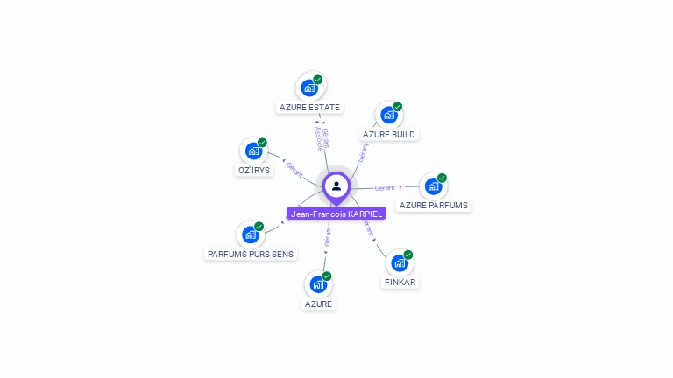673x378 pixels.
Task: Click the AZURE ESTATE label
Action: coord(309,108)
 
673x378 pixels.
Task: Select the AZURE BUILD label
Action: coord(389,134)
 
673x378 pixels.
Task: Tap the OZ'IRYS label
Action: coord(254,170)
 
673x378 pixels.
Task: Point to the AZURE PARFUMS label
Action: coord(433,206)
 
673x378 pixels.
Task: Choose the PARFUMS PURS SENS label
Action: coord(251,254)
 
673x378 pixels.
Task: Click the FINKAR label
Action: coord(400,283)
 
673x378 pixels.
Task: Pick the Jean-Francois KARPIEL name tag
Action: coord(336,213)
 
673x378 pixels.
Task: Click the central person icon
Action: coord(336,185)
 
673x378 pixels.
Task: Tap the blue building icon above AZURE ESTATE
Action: coord(308,87)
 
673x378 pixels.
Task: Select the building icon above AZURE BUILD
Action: coord(388,115)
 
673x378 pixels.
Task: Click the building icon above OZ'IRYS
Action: coord(253,150)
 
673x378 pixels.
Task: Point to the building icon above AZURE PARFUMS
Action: coord(433,185)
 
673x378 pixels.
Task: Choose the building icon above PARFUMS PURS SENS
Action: coord(250,234)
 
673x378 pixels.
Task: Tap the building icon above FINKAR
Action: coord(399,263)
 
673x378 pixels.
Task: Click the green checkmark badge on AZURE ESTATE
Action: coord(318,80)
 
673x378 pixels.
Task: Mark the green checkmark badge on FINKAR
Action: coord(408,255)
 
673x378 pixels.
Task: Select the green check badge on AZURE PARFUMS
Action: coord(443,178)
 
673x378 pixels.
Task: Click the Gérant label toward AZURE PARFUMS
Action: coord(385,187)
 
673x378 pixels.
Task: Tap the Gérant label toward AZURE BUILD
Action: coord(362,152)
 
